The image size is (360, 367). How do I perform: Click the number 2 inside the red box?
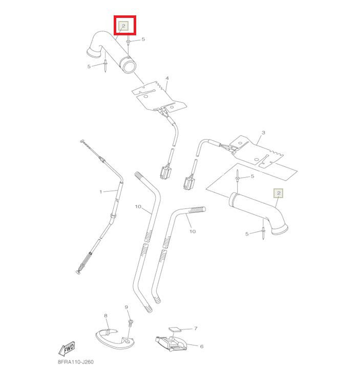[123, 26]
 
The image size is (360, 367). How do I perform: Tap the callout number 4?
[167, 78]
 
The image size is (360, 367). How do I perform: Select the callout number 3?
[263, 133]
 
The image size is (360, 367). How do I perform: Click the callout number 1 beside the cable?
[101, 192]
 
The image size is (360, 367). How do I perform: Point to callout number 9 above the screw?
[126, 307]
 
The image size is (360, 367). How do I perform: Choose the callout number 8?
[105, 316]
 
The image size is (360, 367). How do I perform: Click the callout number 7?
[196, 329]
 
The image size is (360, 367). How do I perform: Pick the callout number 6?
[202, 347]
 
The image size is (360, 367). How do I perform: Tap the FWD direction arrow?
[67, 349]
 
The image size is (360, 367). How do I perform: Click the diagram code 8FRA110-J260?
[76, 362]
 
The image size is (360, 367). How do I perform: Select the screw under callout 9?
[131, 323]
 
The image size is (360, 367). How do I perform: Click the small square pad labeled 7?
[175, 329]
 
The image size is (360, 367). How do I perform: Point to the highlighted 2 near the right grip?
[279, 193]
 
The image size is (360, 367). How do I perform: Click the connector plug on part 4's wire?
[166, 172]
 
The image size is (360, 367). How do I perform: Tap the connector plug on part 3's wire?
[189, 183]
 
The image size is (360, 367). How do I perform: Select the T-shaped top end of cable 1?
[82, 141]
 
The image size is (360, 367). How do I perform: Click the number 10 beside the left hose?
[138, 206]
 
